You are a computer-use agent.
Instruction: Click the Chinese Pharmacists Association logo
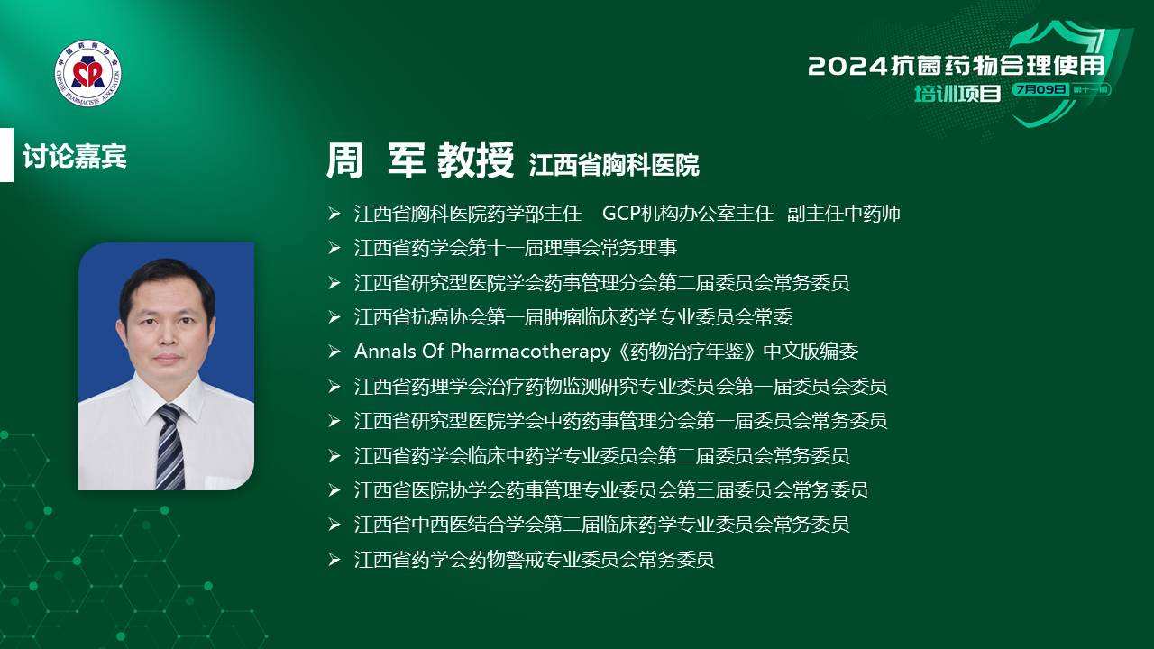pos(88,74)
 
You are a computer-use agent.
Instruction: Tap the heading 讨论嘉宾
pos(74,156)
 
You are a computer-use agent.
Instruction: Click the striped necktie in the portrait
pos(170,446)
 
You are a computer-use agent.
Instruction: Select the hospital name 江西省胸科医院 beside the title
pos(614,165)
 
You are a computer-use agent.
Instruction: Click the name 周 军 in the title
pos(375,160)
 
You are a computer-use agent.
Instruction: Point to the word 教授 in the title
pos(475,160)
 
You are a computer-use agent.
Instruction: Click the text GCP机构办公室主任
pos(688,214)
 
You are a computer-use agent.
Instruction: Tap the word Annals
pos(385,352)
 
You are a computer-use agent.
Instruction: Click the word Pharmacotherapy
pos(531,352)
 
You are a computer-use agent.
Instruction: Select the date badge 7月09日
pos(1040,89)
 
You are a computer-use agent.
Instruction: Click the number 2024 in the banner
pos(848,67)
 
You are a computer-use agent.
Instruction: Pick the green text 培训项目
pos(957,93)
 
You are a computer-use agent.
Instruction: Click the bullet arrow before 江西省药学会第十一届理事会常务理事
pos(334,248)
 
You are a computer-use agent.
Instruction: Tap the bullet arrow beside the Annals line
pos(334,352)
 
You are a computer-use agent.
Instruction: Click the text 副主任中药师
pos(844,214)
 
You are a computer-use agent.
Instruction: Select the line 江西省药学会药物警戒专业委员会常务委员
pos(535,560)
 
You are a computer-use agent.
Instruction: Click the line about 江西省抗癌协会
pos(572,316)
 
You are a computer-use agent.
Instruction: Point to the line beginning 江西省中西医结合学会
pos(601,525)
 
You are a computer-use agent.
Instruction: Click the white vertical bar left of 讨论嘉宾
pos(6,155)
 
